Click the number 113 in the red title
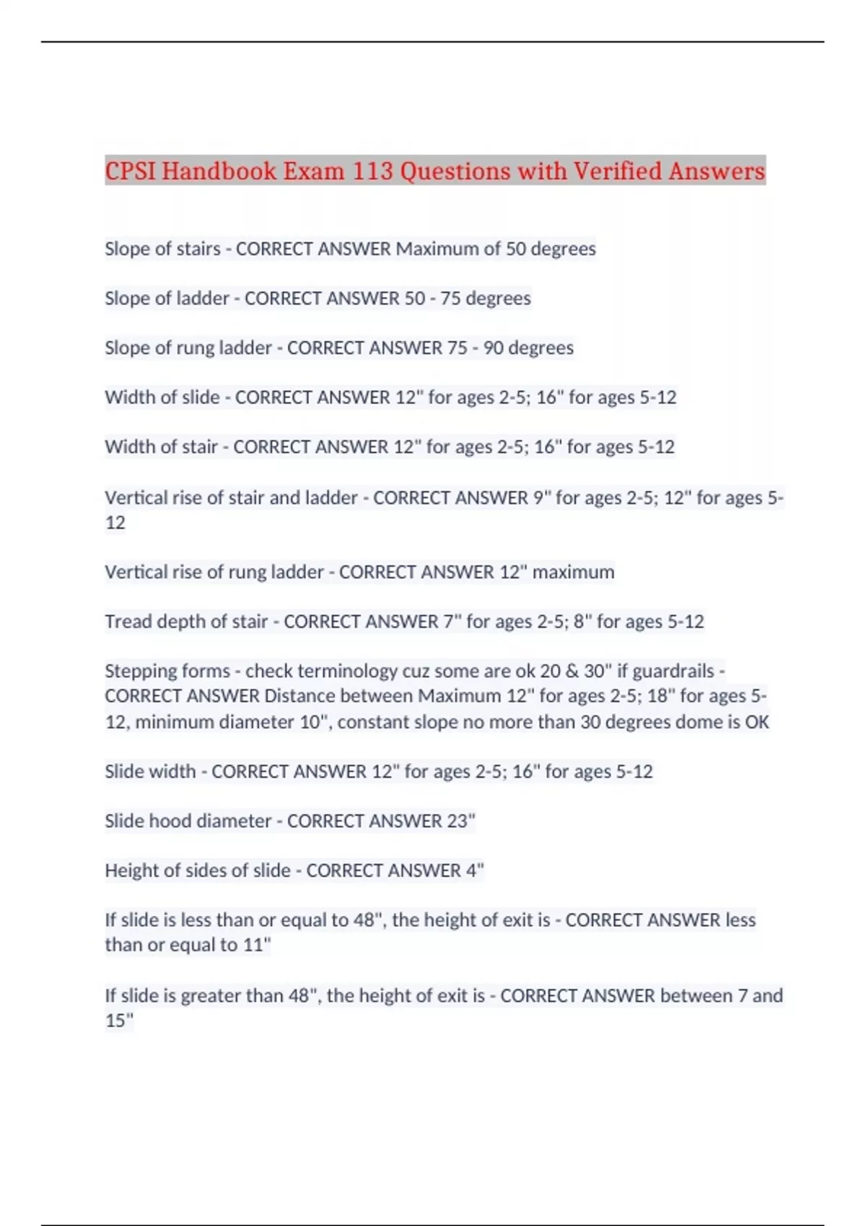click(x=372, y=171)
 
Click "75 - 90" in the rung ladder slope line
click(x=475, y=348)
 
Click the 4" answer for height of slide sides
click(x=475, y=870)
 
